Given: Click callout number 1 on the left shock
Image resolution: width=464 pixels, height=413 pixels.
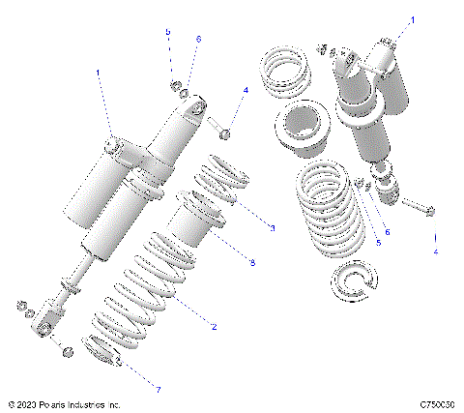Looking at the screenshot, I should coord(99,73).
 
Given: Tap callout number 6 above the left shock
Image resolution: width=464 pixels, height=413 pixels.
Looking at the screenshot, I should coord(198,38).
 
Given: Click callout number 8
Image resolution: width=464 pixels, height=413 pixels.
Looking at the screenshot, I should coord(251,262).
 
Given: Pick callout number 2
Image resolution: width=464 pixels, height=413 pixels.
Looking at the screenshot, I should coord(214,327).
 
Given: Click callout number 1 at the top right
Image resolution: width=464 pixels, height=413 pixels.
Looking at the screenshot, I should coord(413,19).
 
